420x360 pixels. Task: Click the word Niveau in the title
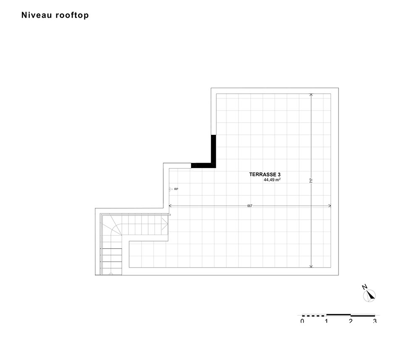click(37, 15)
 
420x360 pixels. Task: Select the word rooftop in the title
click(72, 15)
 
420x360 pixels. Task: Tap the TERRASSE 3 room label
click(265, 174)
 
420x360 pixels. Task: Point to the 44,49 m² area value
click(272, 180)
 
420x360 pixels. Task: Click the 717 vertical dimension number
click(311, 181)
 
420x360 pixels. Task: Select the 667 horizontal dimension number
click(249, 206)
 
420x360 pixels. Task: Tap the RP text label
click(176, 189)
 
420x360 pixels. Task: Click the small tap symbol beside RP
click(171, 189)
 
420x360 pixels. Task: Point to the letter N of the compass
click(364, 287)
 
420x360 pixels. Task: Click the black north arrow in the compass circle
click(371, 295)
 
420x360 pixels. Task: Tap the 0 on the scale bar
click(302, 321)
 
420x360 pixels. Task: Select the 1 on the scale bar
click(326, 321)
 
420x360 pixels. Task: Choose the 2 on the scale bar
click(351, 321)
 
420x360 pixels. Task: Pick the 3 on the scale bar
click(375, 321)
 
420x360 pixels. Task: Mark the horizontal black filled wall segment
click(203, 166)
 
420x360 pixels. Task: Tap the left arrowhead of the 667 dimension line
click(170, 206)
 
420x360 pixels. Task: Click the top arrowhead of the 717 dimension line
click(311, 95)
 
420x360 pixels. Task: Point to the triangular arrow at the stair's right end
click(165, 223)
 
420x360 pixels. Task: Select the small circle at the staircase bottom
click(111, 274)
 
